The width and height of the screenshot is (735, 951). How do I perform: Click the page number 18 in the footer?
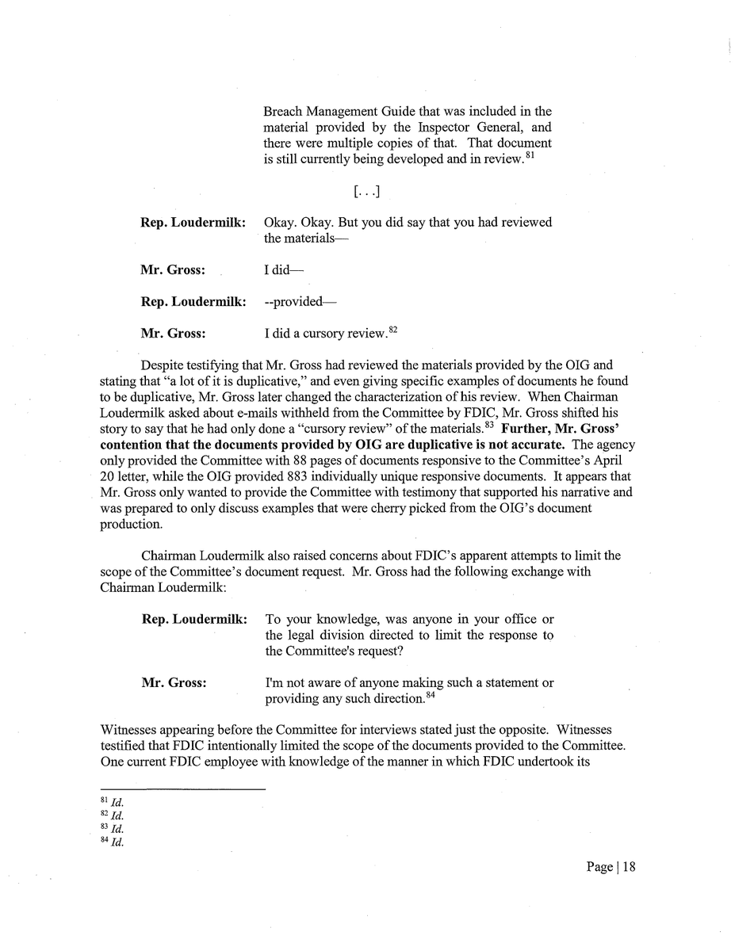pos(628,867)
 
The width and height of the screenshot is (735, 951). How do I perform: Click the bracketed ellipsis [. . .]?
pos(365,191)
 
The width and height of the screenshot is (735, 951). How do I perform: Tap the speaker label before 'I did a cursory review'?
pos(173,334)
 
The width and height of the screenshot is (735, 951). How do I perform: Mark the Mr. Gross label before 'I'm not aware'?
pos(173,683)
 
